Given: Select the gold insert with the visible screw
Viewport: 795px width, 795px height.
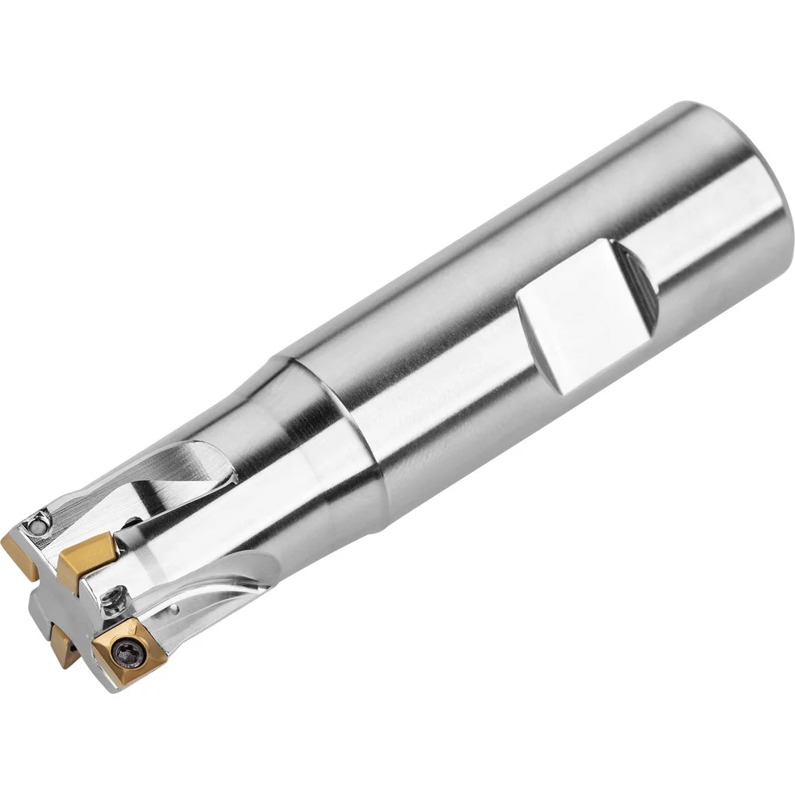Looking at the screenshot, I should click(128, 647).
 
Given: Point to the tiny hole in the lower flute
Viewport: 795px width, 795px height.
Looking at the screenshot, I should click(174, 613).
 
